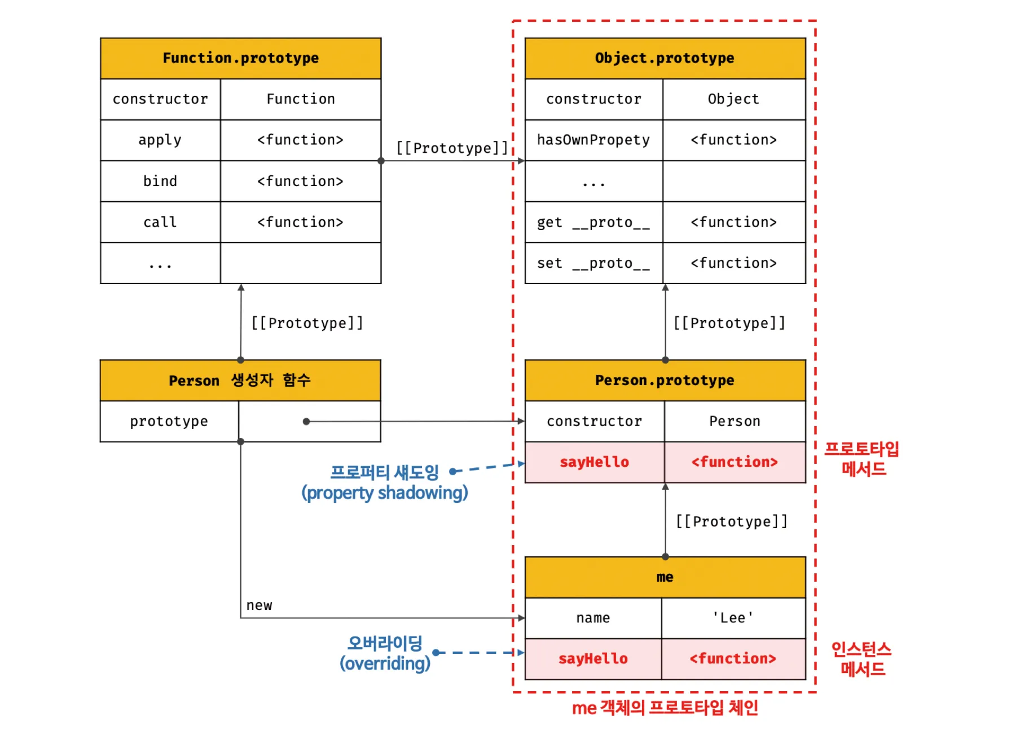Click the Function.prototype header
coord(240,58)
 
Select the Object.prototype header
coord(665,58)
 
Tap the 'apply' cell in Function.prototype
coord(160,140)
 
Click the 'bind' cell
coord(160,181)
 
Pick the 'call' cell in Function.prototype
coord(160,222)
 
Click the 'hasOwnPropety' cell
coord(593,140)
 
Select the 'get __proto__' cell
coord(593,222)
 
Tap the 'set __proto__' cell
coord(593,263)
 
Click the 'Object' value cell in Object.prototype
coord(733,99)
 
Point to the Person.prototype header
coord(665,380)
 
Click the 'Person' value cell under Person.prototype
coord(735,421)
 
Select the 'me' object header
coord(665,577)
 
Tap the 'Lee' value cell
coord(733,618)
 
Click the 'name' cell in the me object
coord(593,618)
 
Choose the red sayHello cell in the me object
coord(593,658)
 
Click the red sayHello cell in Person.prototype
coord(594,462)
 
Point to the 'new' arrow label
coord(259,605)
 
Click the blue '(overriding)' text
coord(385,663)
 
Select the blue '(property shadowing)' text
coord(385,493)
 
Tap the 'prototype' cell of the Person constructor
coord(169,421)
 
